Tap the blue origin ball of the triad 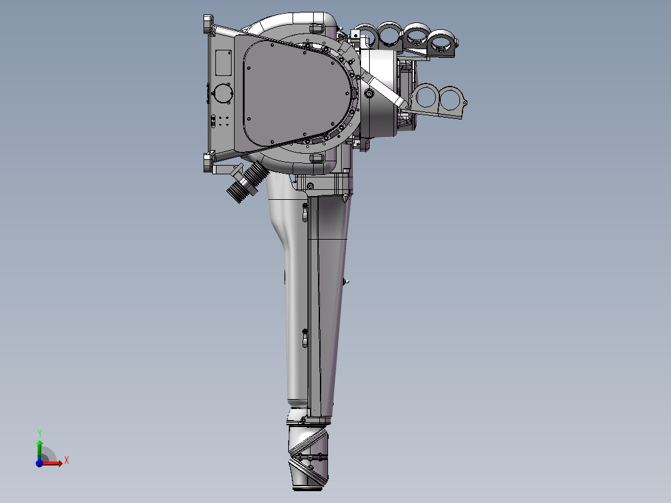pos(39,463)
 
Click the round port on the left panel pos(222,94)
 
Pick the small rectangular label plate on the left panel pos(223,62)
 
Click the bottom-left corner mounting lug pos(209,163)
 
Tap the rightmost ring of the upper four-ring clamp pos(443,42)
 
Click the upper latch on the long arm pos(304,212)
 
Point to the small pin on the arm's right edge pos(345,281)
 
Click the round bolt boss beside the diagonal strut pos(369,93)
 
